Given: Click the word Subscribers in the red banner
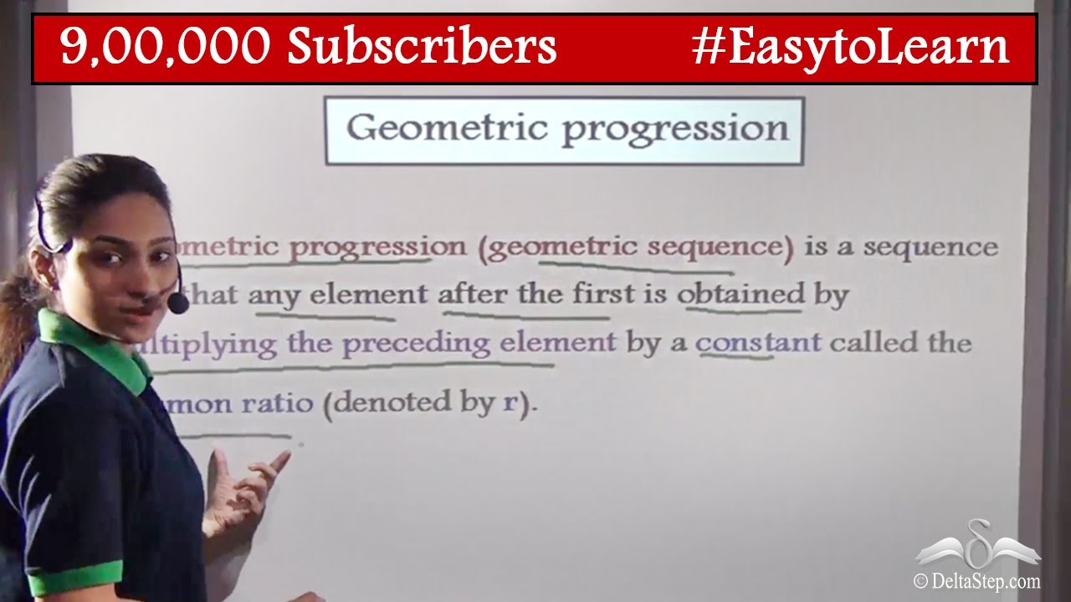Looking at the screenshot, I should point(423,47).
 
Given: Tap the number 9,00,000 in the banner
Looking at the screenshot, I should point(167,47).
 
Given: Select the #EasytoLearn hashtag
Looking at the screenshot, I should point(850,47).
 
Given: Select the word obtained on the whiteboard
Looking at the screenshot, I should point(741,294).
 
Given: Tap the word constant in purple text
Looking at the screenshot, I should point(758,343).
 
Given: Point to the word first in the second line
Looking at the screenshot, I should point(603,294).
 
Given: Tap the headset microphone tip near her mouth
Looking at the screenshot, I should point(178,303).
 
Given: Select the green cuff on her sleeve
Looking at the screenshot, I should point(75,578).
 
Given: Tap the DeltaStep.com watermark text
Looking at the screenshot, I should point(976,580).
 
